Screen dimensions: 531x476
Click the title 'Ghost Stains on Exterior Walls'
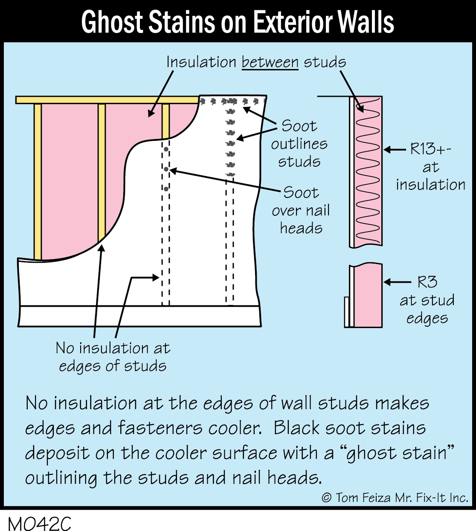tap(238, 22)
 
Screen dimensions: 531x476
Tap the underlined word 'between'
tap(270, 62)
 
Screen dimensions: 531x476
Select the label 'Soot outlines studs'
tap(299, 144)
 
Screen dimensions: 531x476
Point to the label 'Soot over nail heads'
tap(301, 210)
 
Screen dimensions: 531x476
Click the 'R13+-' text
tap(430, 149)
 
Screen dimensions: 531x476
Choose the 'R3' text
tap(427, 282)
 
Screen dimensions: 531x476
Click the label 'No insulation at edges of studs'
tap(113, 357)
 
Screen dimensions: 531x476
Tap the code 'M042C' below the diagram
tap(39, 523)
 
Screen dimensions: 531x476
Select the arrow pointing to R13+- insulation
tap(395, 150)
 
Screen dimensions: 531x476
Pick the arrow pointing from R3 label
tap(398, 282)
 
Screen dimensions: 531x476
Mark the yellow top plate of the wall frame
tap(107, 100)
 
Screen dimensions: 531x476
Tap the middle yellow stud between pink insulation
tap(102, 171)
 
